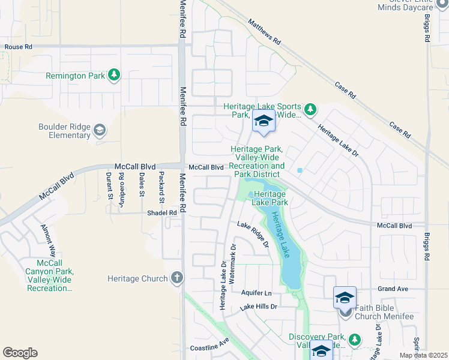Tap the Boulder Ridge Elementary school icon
[100, 130]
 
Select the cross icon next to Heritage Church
[176, 278]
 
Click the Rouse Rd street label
[17, 47]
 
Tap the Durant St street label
[109, 185]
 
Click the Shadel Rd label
[162, 213]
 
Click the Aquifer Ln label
[256, 293]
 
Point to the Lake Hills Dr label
[259, 307]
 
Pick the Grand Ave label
[393, 289]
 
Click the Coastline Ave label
[209, 344]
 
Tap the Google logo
[20, 353]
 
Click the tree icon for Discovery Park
[355, 340]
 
